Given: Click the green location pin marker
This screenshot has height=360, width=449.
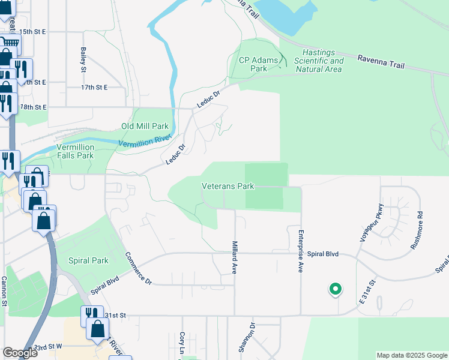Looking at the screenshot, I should (x=335, y=290).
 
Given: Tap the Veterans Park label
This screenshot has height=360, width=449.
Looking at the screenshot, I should (x=228, y=187).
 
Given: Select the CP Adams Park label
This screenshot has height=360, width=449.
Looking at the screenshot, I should (x=253, y=64).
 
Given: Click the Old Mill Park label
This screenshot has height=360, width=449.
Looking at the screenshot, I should (x=145, y=127).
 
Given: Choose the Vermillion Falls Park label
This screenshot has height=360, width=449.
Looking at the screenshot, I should (x=75, y=151).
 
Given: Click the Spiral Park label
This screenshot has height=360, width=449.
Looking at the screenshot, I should (x=88, y=260).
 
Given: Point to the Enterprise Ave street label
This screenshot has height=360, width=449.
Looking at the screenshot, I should (x=300, y=251).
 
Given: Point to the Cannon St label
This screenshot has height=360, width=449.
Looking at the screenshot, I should (x=4, y=291).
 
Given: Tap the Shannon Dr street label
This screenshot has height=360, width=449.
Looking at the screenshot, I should (x=247, y=338).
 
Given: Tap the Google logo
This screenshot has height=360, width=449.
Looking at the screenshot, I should (x=20, y=352).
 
